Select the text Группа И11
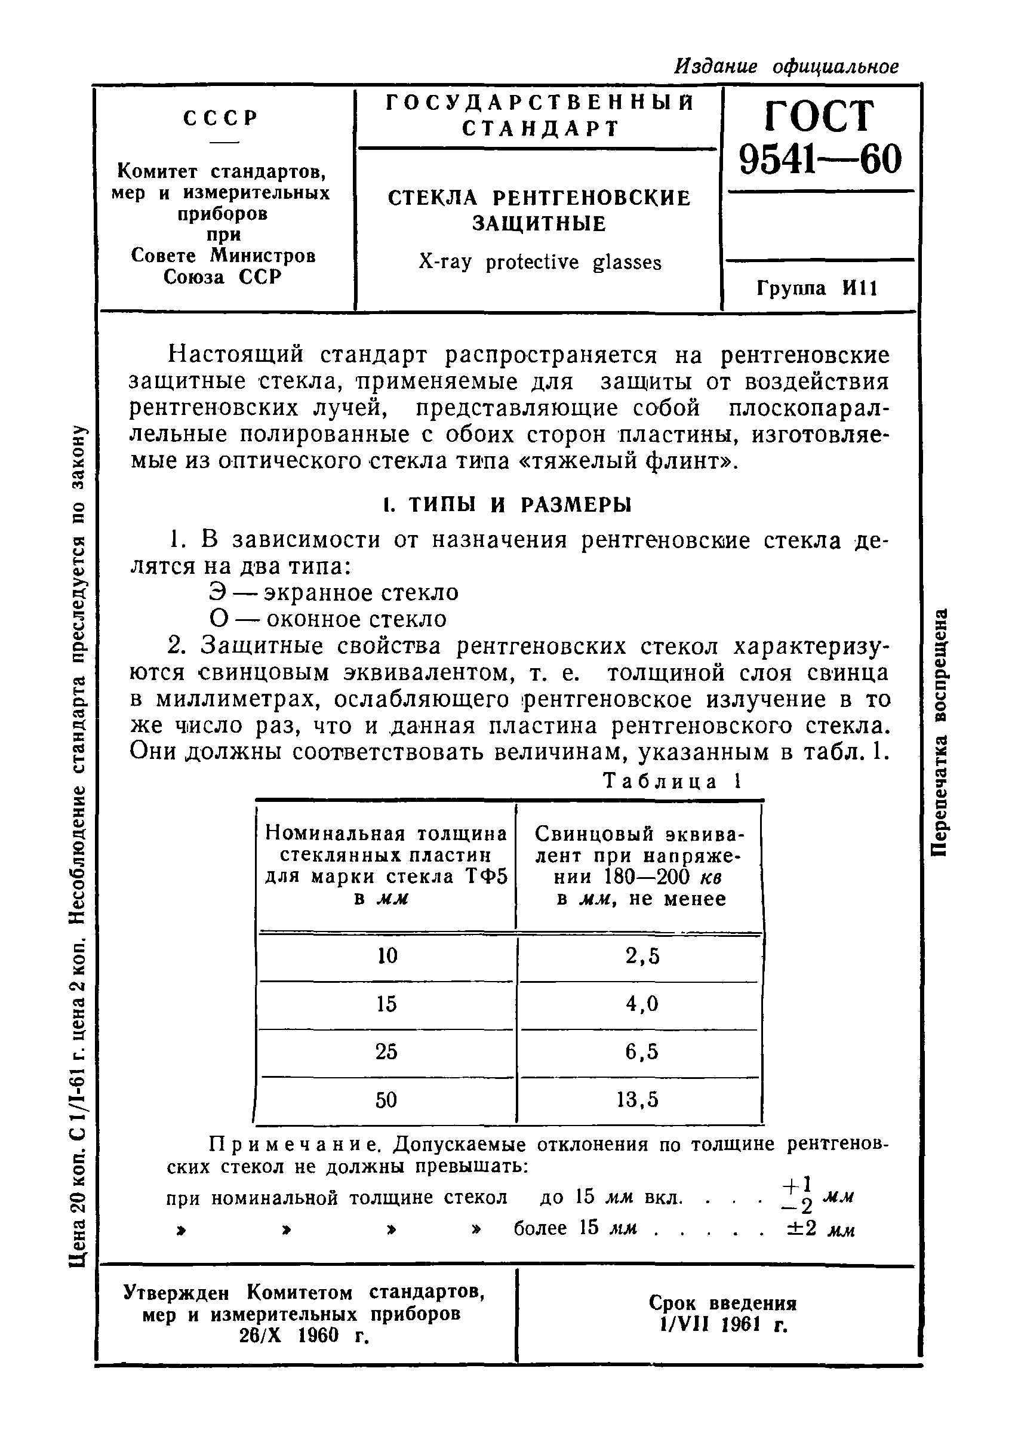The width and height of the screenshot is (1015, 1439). (x=817, y=288)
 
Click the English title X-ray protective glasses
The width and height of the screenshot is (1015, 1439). (x=540, y=262)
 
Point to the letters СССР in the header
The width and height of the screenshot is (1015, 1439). (x=220, y=118)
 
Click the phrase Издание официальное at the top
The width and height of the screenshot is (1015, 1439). (x=786, y=66)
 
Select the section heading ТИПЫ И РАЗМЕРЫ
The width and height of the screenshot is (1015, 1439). (x=507, y=505)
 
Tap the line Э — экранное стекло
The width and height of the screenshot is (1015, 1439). (x=333, y=592)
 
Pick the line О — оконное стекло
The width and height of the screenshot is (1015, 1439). (x=328, y=619)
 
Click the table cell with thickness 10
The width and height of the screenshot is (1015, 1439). (x=387, y=956)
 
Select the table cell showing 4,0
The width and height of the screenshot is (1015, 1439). (x=642, y=1004)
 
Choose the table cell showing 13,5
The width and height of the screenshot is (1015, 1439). (x=638, y=1100)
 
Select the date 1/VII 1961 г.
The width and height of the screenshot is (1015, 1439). (x=722, y=1325)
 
